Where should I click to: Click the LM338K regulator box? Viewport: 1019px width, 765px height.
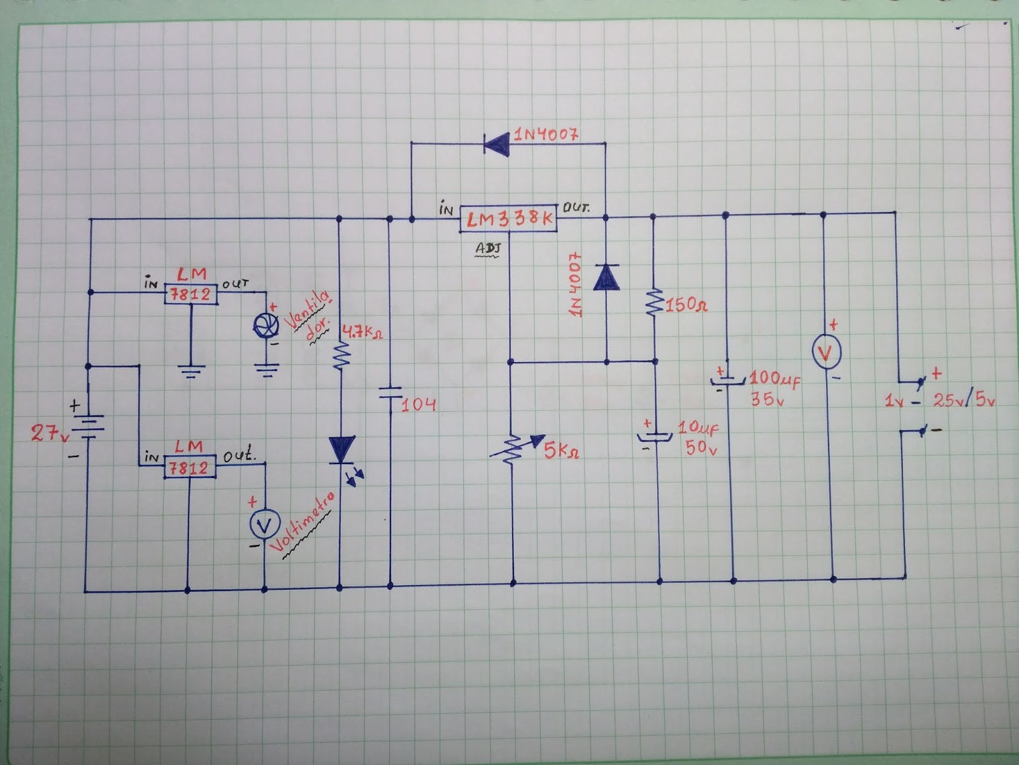[x=508, y=220]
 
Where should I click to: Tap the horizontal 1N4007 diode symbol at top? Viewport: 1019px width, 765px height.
[x=496, y=143]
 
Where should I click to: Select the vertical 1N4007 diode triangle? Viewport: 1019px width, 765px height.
[x=606, y=277]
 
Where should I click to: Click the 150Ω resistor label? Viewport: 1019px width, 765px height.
[x=686, y=306]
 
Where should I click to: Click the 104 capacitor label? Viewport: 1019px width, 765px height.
[x=418, y=404]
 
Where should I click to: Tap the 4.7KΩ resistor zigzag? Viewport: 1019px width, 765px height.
[x=341, y=356]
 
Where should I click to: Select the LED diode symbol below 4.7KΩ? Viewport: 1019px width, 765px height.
[x=341, y=449]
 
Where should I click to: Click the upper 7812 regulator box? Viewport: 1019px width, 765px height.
[x=191, y=294]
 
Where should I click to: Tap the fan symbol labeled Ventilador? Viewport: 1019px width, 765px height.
[x=266, y=326]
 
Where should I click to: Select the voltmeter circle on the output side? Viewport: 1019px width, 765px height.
[x=827, y=353]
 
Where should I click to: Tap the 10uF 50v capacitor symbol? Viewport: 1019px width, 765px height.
[x=654, y=437]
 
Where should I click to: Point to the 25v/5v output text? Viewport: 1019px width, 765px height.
[x=964, y=401]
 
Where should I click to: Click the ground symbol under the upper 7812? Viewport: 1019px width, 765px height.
[x=191, y=370]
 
